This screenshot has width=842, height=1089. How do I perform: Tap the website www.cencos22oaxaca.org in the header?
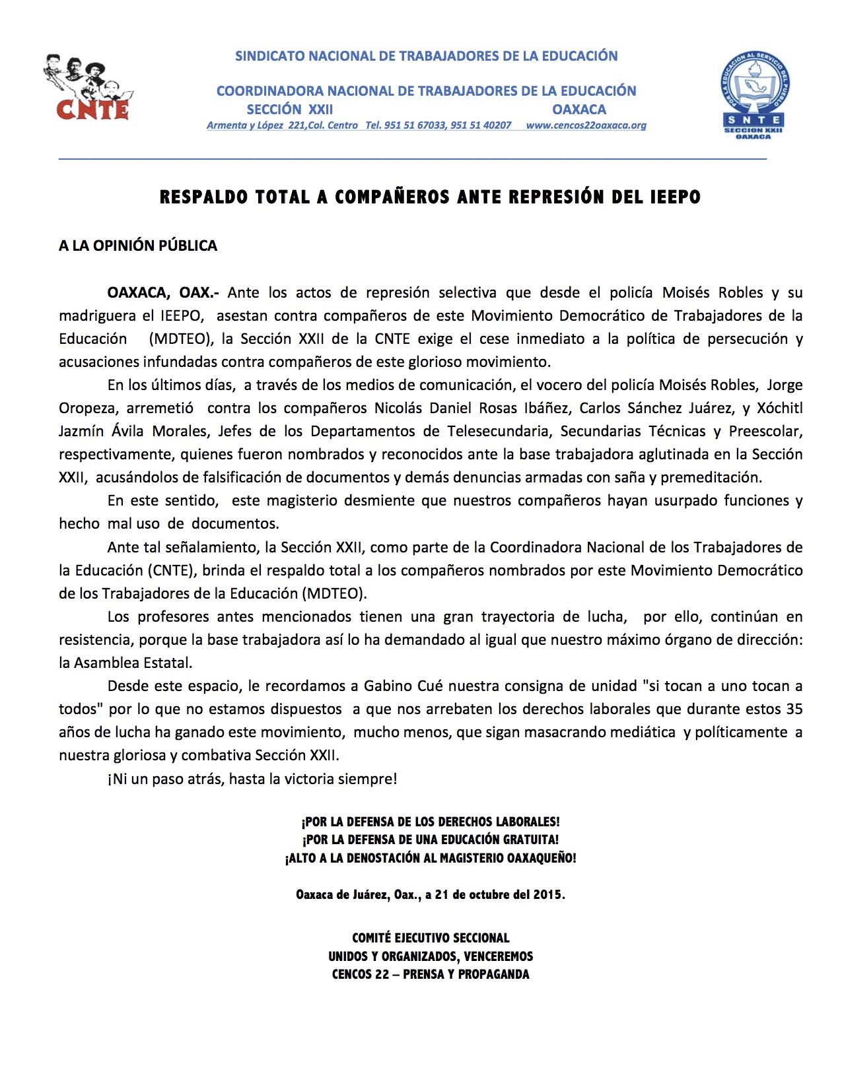(586, 125)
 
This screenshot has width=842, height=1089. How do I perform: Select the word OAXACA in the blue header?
(579, 110)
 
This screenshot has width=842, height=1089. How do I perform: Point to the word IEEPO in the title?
(672, 197)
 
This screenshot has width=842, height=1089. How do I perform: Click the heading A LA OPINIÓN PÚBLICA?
(138, 246)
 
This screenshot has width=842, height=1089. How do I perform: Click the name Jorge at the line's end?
(785, 385)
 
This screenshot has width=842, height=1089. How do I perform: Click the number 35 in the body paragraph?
(794, 709)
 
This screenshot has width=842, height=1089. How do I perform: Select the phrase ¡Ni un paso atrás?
(166, 779)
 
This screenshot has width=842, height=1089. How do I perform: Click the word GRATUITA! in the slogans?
(530, 840)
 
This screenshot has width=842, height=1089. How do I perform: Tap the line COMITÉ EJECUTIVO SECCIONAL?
(431, 938)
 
